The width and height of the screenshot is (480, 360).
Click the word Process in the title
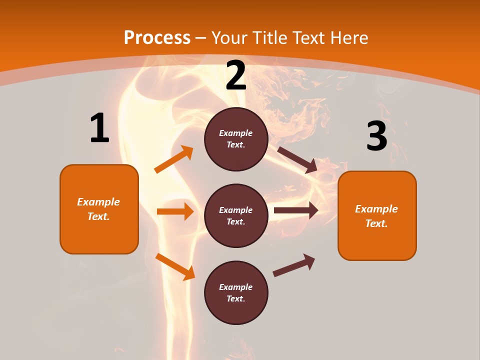[x=157, y=38]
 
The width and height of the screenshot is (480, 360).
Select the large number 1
[x=99, y=128]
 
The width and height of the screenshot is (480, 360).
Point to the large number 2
[x=236, y=76]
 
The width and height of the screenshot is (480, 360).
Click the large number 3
[x=376, y=136]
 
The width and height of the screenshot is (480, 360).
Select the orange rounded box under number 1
[x=99, y=209]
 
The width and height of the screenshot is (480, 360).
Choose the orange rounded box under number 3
[x=377, y=215]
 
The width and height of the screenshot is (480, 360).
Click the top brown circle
[x=236, y=139]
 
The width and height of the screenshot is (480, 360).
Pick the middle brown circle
[x=236, y=215]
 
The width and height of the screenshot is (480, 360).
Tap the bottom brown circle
[x=236, y=292]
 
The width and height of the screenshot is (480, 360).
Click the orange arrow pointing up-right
[x=173, y=159]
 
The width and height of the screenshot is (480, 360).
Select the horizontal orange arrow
[x=175, y=211]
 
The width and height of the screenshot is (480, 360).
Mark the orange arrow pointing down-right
[x=175, y=266]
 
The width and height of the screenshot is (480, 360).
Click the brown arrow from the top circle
[x=297, y=160]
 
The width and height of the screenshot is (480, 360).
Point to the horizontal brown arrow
[x=296, y=210]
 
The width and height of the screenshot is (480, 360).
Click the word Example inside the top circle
[x=235, y=133]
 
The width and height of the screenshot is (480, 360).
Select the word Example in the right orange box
[x=376, y=209]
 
